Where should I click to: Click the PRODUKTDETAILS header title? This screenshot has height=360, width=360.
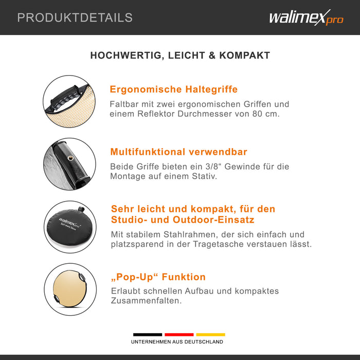point(75,17)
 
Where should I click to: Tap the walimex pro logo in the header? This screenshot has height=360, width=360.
point(307,17)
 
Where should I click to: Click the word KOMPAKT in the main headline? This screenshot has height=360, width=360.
point(244,56)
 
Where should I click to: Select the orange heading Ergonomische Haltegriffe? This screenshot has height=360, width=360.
point(174,89)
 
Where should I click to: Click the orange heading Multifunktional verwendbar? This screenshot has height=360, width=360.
point(178,152)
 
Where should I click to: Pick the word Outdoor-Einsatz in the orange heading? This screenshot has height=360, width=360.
point(213,220)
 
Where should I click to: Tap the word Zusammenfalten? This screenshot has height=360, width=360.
point(146,300)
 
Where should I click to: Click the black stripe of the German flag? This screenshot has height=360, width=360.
point(148,334)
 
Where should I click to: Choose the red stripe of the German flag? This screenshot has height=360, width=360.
point(179,334)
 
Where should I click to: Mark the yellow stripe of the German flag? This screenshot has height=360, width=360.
point(210,334)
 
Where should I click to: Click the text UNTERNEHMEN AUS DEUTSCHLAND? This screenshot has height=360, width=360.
point(177,342)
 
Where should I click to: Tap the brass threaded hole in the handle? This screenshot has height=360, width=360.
point(70,158)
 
